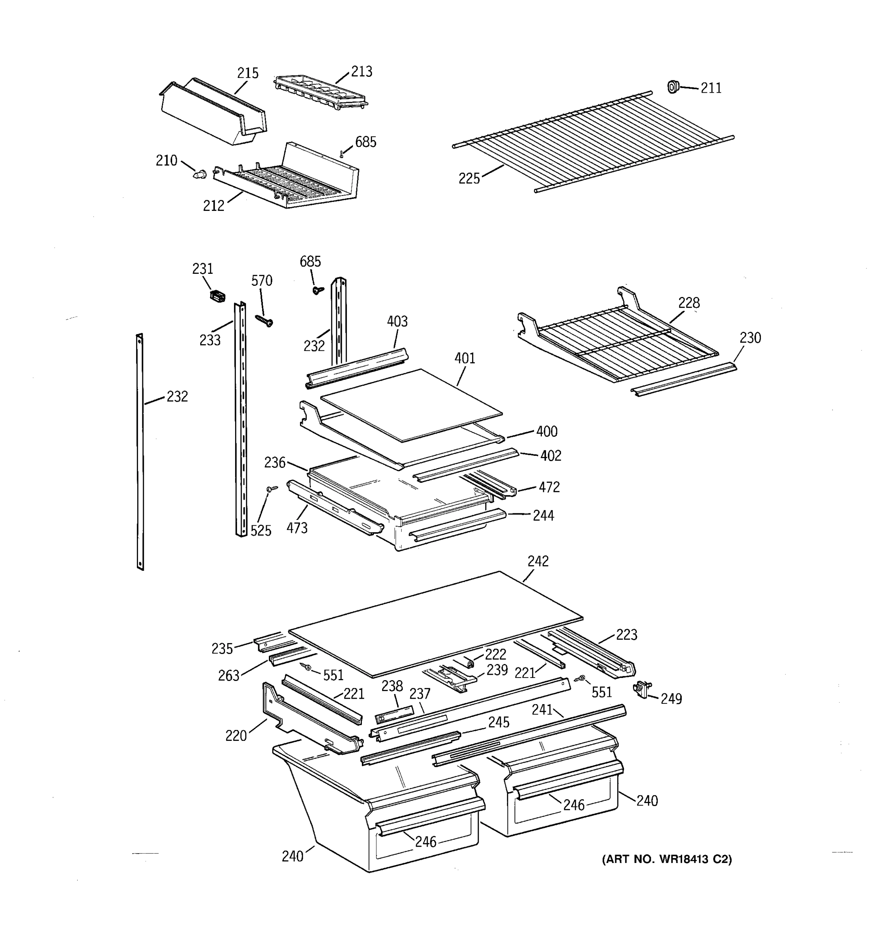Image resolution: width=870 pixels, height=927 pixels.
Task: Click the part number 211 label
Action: [x=710, y=88]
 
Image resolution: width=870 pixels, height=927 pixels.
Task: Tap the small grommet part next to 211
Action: [x=672, y=87]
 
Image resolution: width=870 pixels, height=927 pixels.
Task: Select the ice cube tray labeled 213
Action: [x=320, y=92]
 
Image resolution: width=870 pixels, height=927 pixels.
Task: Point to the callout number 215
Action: [x=247, y=73]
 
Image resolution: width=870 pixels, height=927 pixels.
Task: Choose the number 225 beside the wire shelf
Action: [x=469, y=178]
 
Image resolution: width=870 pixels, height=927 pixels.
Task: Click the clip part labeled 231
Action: [x=217, y=295]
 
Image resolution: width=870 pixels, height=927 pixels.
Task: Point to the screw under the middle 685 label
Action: [x=318, y=290]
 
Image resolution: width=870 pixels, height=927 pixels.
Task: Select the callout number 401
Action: [x=465, y=358]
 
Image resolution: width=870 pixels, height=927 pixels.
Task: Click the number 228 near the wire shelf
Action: [x=689, y=303]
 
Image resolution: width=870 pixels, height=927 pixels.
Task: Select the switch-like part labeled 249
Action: [x=642, y=689]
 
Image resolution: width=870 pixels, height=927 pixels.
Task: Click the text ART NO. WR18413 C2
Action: [x=667, y=859]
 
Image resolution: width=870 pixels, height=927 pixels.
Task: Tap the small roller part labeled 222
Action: [x=469, y=662]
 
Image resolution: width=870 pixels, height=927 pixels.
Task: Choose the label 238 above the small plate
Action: [x=392, y=686]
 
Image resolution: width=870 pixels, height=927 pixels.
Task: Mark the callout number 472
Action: [x=549, y=487]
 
